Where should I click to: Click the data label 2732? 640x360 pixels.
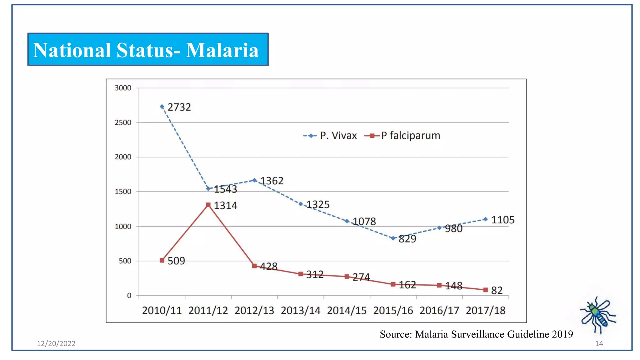pos(179,107)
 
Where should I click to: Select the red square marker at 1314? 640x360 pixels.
pos(208,205)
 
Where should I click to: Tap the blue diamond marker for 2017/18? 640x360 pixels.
pos(485,219)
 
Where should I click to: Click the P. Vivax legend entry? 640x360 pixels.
pos(331,136)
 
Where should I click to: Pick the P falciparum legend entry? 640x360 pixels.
pos(403,136)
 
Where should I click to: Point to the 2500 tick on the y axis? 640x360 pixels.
pos(123,122)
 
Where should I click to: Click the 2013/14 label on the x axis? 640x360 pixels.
pos(300,310)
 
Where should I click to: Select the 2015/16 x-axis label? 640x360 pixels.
pos(393,310)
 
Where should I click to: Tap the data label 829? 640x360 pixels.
pos(407,239)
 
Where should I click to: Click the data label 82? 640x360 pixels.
pos(497,291)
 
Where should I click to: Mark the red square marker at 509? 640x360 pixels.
pos(162,260)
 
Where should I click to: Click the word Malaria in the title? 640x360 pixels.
pos(222,50)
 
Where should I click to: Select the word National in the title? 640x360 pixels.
pos(72,50)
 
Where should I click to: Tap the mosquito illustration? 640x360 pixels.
pos(597,315)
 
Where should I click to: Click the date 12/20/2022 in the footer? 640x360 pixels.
pos(56,343)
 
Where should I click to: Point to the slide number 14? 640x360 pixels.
pos(599,343)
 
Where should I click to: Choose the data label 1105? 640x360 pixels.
pos(502,220)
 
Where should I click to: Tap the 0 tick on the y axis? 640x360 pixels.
pos(129,295)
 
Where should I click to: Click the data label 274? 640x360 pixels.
pos(361,277)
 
